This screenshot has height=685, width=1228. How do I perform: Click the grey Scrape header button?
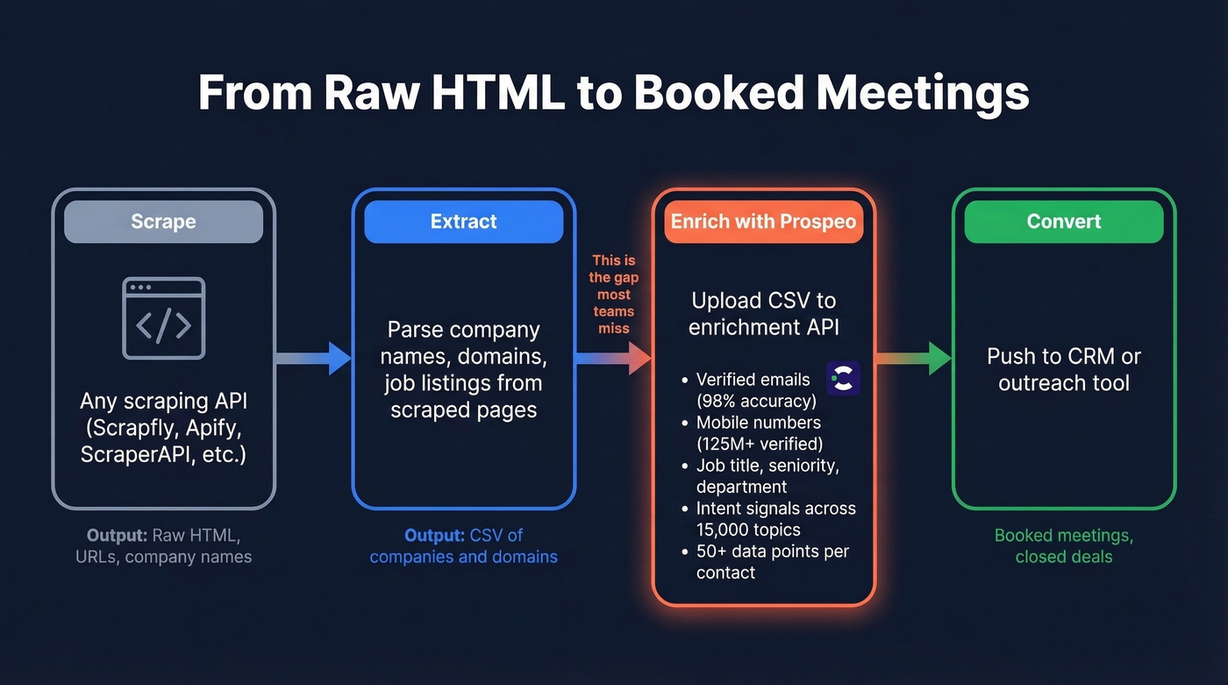[163, 222]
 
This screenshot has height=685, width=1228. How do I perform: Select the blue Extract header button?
[463, 222]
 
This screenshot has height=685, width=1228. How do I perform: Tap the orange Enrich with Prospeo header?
[763, 222]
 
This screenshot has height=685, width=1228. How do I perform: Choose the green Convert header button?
[1063, 222]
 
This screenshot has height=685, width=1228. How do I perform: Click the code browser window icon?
[163, 318]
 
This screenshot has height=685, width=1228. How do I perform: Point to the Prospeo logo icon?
[843, 377]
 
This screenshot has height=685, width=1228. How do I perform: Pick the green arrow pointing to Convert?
[914, 358]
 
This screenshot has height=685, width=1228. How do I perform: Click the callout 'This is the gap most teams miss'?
[614, 294]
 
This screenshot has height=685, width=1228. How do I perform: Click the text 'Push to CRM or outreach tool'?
[1063, 369]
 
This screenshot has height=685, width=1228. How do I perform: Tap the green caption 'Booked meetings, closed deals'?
[1063, 546]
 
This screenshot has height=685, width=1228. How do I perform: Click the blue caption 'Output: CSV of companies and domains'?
[463, 546]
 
